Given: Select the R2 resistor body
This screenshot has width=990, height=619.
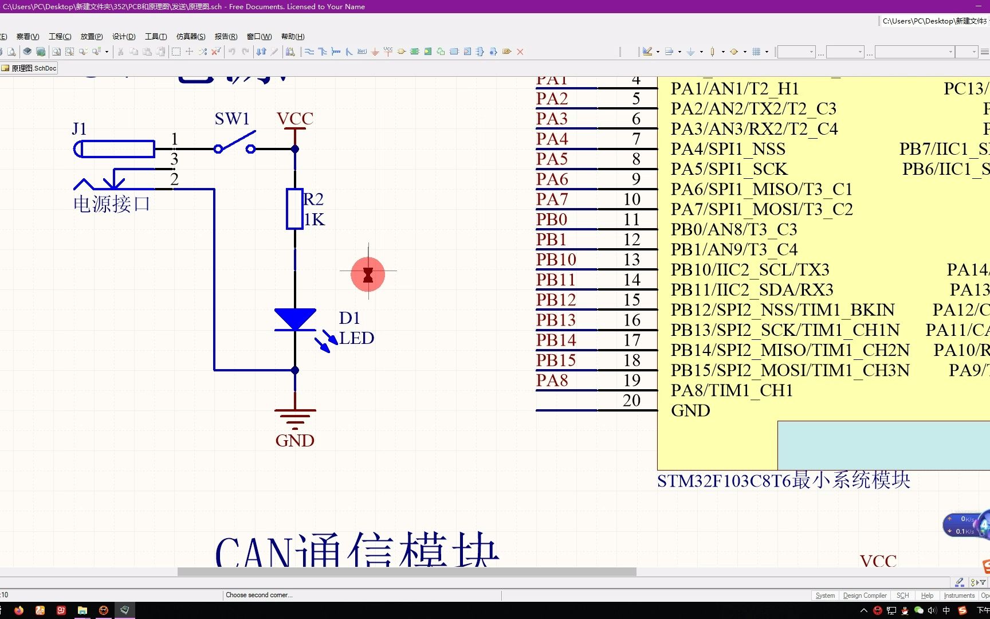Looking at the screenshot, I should (294, 209).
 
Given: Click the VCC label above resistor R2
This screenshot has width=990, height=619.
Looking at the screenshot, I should (295, 119).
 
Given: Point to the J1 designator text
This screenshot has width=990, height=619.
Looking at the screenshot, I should (79, 129).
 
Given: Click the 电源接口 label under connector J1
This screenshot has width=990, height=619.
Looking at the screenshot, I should (112, 204).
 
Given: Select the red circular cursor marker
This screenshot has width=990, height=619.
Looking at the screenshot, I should (368, 275).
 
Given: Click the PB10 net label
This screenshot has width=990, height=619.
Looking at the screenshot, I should (556, 260).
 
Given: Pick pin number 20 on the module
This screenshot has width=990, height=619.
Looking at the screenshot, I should (631, 401).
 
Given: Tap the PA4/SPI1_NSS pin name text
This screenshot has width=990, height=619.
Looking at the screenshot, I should (728, 149).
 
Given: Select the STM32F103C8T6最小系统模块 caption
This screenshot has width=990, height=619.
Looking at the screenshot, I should (783, 480).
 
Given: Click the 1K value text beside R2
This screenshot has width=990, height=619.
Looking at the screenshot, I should (315, 220).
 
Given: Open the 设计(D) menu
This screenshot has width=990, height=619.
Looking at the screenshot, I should (124, 36).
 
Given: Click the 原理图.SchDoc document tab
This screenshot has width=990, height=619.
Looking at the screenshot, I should (30, 68).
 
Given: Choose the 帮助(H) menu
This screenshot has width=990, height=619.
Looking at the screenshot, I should (293, 36).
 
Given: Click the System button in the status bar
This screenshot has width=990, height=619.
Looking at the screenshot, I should (825, 596).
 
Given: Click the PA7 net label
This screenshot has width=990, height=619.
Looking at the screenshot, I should (552, 199).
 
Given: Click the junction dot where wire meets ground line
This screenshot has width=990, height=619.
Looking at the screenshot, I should (295, 370).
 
